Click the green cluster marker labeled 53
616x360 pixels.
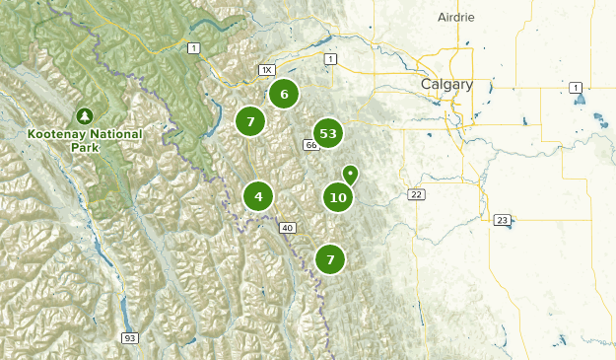coord(328,133)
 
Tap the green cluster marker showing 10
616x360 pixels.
coord(338,197)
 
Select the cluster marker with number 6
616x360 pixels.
coord(284,95)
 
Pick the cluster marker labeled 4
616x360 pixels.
coord(258,196)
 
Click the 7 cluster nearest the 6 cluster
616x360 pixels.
coord(251,121)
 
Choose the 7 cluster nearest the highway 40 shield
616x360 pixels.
coord(330,259)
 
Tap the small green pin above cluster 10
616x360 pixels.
coord(349,174)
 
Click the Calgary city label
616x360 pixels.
coord(446,85)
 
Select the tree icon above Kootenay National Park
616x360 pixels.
coord(85,115)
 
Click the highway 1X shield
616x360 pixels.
coord(266,70)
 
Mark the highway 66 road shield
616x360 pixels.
coord(310,146)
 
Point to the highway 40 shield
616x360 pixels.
coord(288,228)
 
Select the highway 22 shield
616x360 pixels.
coord(417,194)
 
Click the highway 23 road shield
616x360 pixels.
coord(502,220)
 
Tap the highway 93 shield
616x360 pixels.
coord(129,337)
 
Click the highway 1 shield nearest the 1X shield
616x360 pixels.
coord(193,48)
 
